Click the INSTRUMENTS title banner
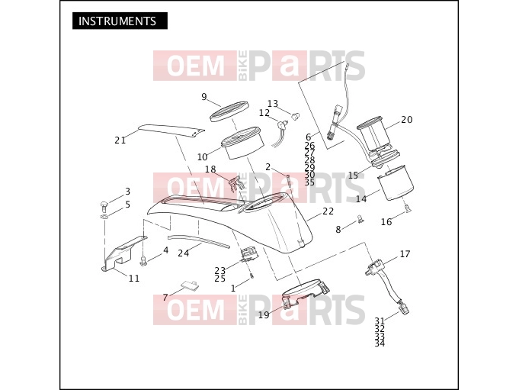coord(120,21)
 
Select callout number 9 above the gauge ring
coord(204,97)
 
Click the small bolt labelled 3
coord(104,206)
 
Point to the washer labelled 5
coord(104,217)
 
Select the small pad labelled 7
coord(191,285)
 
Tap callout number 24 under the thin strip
coord(184,253)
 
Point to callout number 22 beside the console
coord(328,211)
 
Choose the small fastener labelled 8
coord(360,219)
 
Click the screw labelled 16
coord(407,208)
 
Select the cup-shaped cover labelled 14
coord(395,183)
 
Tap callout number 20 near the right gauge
coord(407,120)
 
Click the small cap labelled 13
coord(296,116)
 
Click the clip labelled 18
coord(236,183)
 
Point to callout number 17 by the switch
coord(405,254)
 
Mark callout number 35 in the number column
coord(309,182)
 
